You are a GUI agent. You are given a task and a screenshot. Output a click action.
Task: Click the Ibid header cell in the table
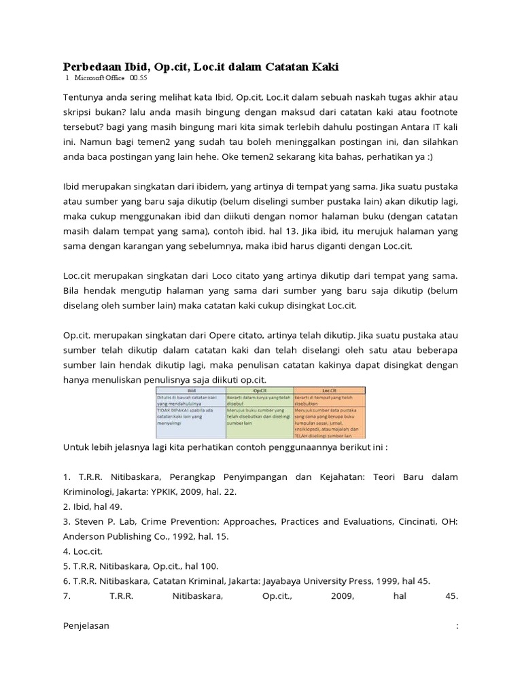[x=190, y=390]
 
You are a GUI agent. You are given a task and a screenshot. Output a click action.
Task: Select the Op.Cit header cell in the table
[x=259, y=390]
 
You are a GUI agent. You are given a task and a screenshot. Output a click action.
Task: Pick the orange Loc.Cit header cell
[x=329, y=390]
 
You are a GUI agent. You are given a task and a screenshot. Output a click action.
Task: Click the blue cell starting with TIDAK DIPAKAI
[x=190, y=413]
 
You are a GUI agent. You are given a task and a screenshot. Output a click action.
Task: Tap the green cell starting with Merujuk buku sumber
[x=259, y=413]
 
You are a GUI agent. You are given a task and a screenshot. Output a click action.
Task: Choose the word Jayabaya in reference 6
[x=288, y=580]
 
